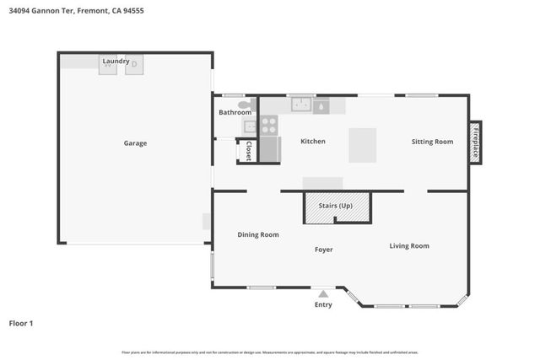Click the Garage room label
pos(135,143)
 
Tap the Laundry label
pos(116,62)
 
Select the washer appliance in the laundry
pos(107,66)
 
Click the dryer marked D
pos(134,65)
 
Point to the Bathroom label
pos(235,112)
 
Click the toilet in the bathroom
pos(245,105)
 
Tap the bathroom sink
pos(250,126)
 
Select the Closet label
pos(249,151)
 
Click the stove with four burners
pos(268,126)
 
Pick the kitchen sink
pos(301,105)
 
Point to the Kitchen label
pos(312,142)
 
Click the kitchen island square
pos(363,144)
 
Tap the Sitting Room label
pos(432,142)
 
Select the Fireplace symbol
pos(475,141)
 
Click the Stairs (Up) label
pos(336,204)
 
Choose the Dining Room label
pos(257,234)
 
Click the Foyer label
pos(323,250)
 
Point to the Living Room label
pos(409,246)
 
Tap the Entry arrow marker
pos(323,293)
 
